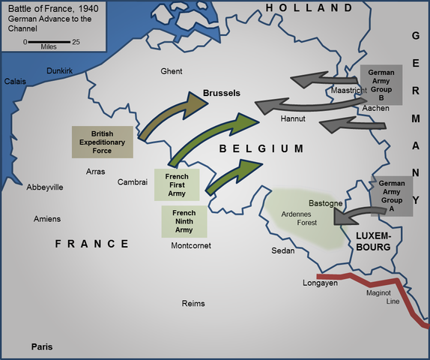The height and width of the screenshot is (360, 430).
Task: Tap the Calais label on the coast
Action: coord(16,81)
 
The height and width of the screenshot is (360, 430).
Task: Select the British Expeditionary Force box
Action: coord(103,142)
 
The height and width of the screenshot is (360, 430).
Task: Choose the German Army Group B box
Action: coord(381,85)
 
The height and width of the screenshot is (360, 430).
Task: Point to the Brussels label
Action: coord(221,94)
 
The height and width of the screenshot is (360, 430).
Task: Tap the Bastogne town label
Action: coord(326,203)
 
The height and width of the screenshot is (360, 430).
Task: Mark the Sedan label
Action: coord(283,250)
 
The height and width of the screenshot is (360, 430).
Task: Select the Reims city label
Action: coord(193,304)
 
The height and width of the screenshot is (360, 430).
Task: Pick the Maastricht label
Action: coord(349,91)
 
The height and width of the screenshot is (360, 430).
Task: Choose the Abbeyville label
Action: coord(45,187)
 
